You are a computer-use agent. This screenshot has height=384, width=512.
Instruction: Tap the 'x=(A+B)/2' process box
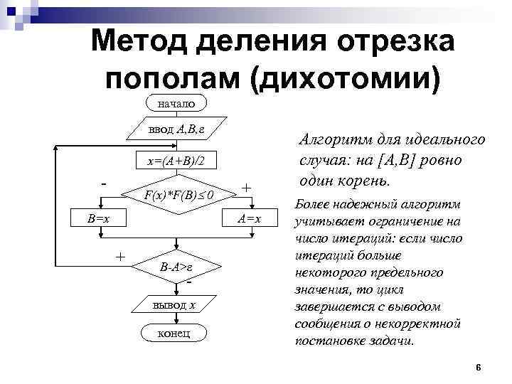point(176,162)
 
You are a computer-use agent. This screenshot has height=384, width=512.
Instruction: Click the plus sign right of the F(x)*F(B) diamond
point(246,188)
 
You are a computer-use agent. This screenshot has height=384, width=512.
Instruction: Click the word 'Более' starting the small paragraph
point(311,205)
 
